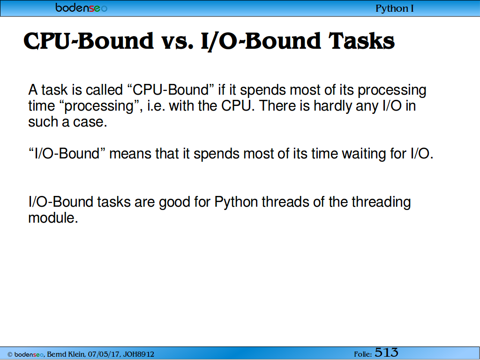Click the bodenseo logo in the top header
pos(81,7)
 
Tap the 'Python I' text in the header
pos(395,8)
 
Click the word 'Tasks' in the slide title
pos(361,41)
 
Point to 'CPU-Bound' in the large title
pos(89,41)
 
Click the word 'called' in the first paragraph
pos(104,90)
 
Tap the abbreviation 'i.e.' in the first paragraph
pos(156,106)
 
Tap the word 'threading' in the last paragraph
pos(381,202)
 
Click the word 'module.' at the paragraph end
pos(53,218)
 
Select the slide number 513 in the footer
pos(386,352)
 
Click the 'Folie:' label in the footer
pos(363,354)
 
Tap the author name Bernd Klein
pos(66,354)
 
